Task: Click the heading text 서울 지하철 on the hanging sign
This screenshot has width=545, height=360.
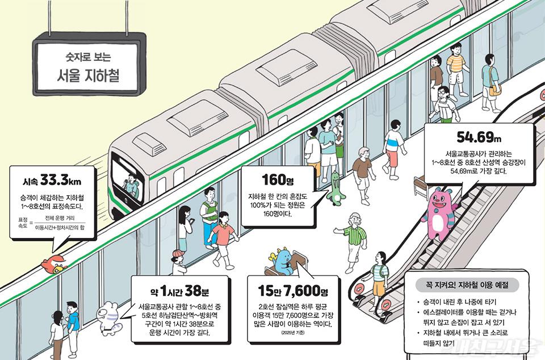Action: click(x=88, y=75)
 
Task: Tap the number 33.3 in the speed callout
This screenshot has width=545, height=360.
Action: click(x=54, y=180)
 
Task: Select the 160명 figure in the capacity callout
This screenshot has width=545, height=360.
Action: click(x=278, y=179)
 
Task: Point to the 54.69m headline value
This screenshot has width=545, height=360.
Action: click(x=479, y=137)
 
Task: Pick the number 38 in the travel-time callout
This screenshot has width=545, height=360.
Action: click(x=193, y=291)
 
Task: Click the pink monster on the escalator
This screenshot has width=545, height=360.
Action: click(x=442, y=213)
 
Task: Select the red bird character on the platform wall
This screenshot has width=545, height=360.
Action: click(x=53, y=265)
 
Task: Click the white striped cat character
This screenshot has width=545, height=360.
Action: click(x=110, y=319)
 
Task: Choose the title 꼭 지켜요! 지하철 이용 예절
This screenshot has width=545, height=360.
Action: click(x=467, y=285)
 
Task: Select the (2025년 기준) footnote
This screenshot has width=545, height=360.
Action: click(x=293, y=333)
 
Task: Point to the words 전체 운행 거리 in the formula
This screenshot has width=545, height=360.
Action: click(x=60, y=218)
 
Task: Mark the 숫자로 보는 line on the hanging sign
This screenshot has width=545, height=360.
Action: click(x=88, y=57)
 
